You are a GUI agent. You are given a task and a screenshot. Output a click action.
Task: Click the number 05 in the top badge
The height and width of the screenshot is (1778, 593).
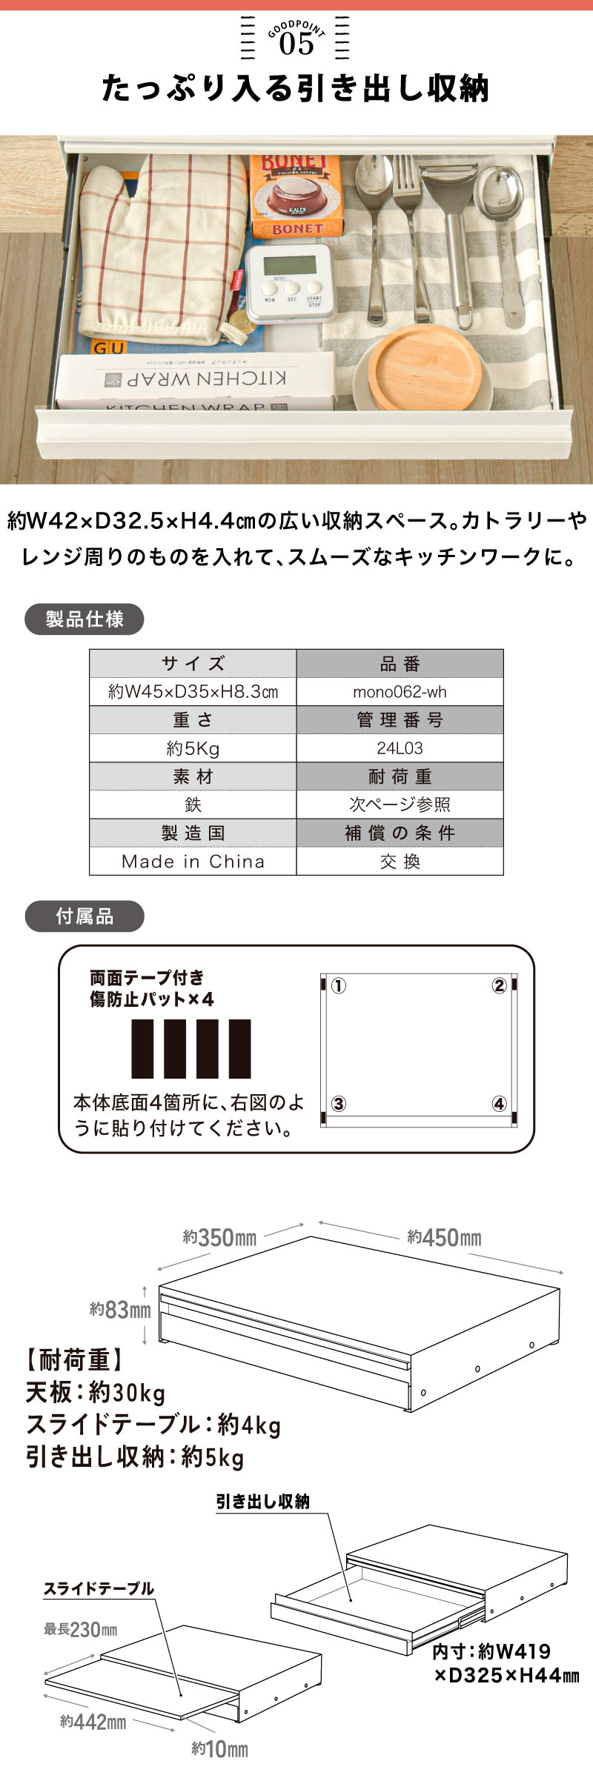[x=296, y=44]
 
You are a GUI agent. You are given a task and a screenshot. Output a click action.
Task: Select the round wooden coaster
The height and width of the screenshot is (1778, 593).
[x=425, y=367]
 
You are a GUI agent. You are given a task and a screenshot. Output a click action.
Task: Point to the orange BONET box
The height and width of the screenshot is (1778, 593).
[x=296, y=196]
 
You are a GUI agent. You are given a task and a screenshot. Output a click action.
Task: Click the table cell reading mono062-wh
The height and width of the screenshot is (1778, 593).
[x=400, y=692]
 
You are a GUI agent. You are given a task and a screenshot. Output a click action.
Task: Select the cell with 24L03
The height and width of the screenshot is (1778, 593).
[x=400, y=748]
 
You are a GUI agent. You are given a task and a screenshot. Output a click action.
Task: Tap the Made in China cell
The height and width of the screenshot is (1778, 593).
[x=193, y=862]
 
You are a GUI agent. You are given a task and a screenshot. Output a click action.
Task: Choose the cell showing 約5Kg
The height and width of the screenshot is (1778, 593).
[x=193, y=748]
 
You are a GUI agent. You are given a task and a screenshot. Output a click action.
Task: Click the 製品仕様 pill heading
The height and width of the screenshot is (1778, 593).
[x=85, y=619]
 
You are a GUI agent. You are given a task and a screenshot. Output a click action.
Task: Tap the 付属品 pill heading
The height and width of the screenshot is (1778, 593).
[x=85, y=916]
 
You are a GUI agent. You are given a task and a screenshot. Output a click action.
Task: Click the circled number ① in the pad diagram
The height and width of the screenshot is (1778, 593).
[x=338, y=985]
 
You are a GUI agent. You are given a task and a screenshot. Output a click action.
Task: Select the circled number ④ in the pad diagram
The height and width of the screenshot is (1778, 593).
[x=499, y=1104]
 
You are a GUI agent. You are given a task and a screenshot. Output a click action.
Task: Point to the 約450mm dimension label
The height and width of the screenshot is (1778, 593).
[x=444, y=1237]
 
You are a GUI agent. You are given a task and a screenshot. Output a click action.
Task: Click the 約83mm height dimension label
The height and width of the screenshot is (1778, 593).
[x=120, y=1310]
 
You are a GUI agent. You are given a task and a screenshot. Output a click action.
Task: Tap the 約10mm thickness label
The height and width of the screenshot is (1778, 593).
[x=219, y=1749]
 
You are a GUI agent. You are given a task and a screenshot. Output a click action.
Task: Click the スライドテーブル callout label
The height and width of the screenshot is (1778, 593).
[x=99, y=1588]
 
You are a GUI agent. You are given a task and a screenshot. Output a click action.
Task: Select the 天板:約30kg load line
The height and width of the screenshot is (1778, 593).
[x=96, y=1393]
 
